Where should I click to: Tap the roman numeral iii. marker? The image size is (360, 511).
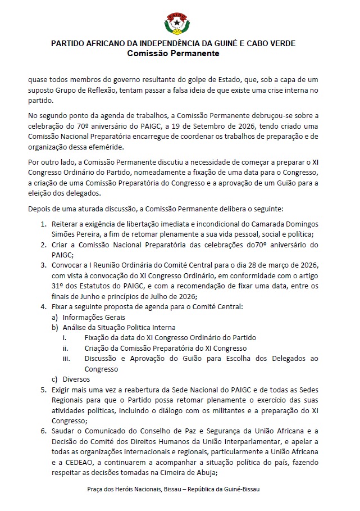[66, 359]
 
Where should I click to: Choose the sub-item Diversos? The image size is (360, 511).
[76, 379]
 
